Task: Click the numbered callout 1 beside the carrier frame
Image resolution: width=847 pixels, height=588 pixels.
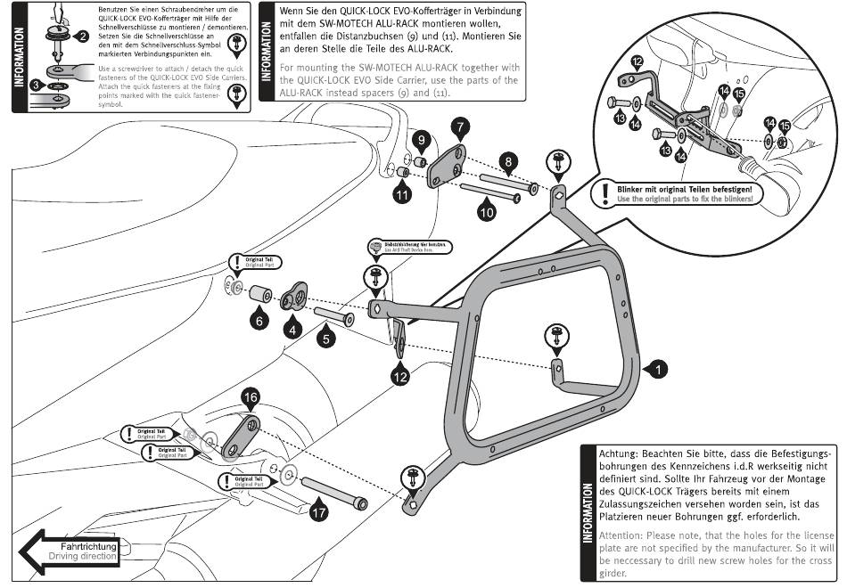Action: pos(656,366)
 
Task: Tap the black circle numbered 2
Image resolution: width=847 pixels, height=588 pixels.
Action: pos(82,37)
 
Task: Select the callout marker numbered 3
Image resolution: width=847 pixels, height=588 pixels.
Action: pos(37,85)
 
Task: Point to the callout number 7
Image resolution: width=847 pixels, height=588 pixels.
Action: pos(460,127)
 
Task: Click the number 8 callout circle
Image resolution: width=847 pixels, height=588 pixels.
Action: pos(507,161)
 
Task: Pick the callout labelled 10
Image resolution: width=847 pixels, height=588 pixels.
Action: pos(485,213)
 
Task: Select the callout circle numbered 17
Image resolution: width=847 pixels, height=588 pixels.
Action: pos(318,511)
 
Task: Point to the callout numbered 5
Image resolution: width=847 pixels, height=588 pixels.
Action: pos(326,339)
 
